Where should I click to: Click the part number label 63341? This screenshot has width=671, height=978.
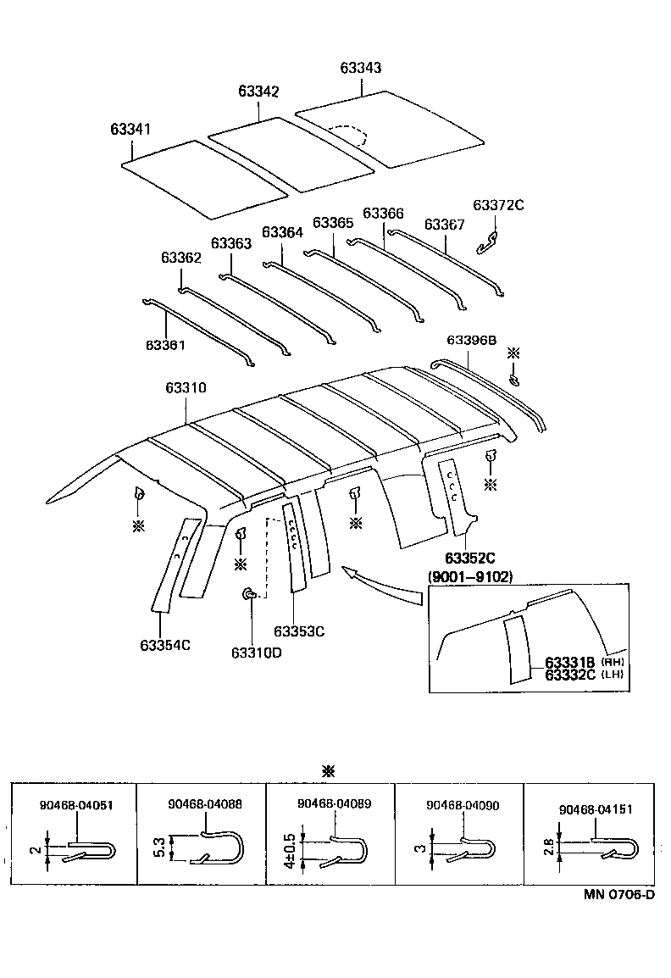(130, 130)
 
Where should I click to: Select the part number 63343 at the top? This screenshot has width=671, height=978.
(361, 69)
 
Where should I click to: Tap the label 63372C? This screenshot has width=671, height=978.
(498, 205)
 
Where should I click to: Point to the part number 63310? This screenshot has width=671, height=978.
(186, 388)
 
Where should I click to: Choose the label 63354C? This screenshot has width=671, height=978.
(165, 645)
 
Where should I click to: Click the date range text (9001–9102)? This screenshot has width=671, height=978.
(471, 576)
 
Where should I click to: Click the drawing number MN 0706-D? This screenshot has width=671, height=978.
(618, 895)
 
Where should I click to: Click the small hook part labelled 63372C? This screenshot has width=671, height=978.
(488, 241)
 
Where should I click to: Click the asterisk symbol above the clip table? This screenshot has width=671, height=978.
(329, 770)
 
